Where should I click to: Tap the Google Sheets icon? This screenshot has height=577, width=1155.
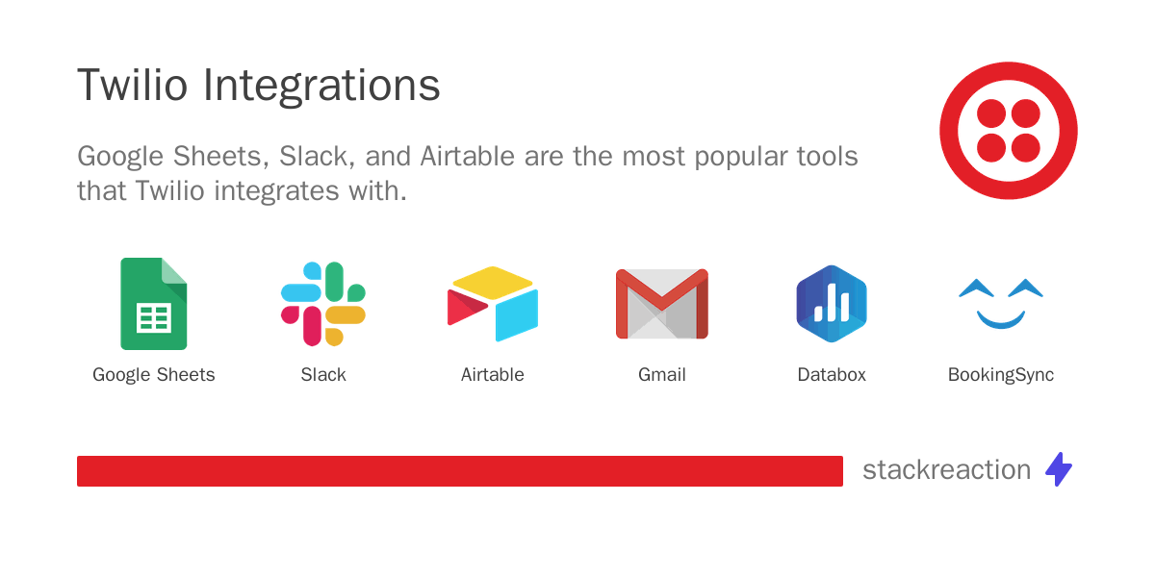(154, 304)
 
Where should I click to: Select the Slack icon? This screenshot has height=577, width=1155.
(323, 304)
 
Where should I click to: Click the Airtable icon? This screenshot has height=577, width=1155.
(493, 304)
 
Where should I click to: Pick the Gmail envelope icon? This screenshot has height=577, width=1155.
(662, 304)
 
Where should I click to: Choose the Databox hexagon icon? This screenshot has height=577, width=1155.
(832, 304)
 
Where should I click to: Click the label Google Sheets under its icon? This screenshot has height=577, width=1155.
(154, 375)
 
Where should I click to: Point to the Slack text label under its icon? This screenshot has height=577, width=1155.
(323, 374)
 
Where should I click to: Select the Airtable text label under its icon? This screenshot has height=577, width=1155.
(493, 374)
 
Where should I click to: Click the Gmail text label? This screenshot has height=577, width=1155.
(662, 374)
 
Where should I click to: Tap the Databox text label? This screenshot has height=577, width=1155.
(832, 374)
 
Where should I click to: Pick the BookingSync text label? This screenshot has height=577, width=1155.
(1001, 375)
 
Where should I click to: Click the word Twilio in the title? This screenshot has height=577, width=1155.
(133, 85)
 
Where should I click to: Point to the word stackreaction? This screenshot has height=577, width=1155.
(947, 470)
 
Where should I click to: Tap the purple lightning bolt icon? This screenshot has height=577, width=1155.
(1059, 469)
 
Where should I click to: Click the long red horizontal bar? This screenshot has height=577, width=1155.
(460, 471)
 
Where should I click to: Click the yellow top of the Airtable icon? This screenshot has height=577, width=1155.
(493, 283)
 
